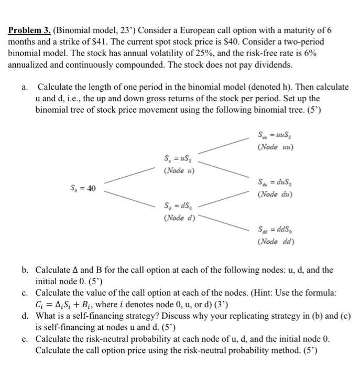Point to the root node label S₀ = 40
coord(83,188)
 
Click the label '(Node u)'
coord(179,170)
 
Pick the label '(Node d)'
coord(179,218)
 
